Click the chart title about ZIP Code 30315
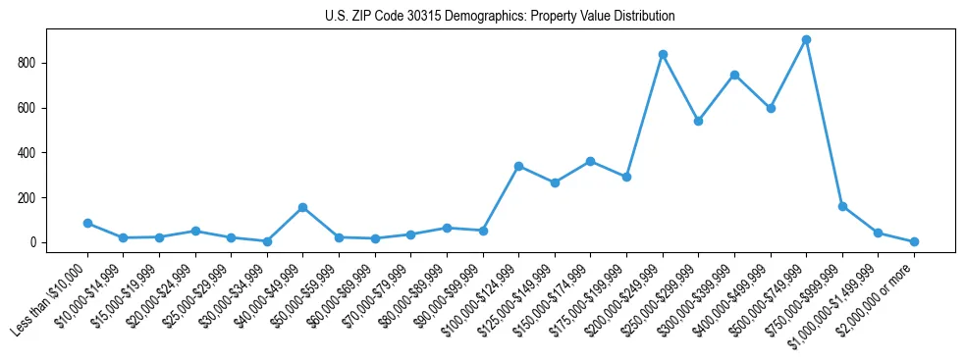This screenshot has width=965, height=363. pyautogui.click(x=500, y=17)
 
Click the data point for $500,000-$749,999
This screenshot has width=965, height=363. pyautogui.click(x=806, y=40)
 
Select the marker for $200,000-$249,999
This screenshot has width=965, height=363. pyautogui.click(x=663, y=54)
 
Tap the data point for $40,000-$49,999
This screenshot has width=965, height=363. pyautogui.click(x=303, y=207)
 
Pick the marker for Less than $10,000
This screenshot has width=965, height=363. pyautogui.click(x=87, y=223)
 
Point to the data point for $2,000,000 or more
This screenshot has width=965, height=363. pyautogui.click(x=914, y=241)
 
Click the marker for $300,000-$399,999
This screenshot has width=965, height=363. pyautogui.click(x=734, y=75)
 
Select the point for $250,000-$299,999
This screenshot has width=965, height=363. pyautogui.click(x=698, y=121)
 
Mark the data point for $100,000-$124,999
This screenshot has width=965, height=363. pyautogui.click(x=518, y=166)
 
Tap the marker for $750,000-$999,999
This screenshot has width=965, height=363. pyautogui.click(x=842, y=206)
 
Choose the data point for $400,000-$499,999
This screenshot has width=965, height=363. pyautogui.click(x=771, y=108)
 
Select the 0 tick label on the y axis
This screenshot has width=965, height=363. pyautogui.click(x=34, y=242)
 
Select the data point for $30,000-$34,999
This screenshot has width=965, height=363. pyautogui.click(x=267, y=240)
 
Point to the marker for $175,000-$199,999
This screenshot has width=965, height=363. pyautogui.click(x=626, y=177)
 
